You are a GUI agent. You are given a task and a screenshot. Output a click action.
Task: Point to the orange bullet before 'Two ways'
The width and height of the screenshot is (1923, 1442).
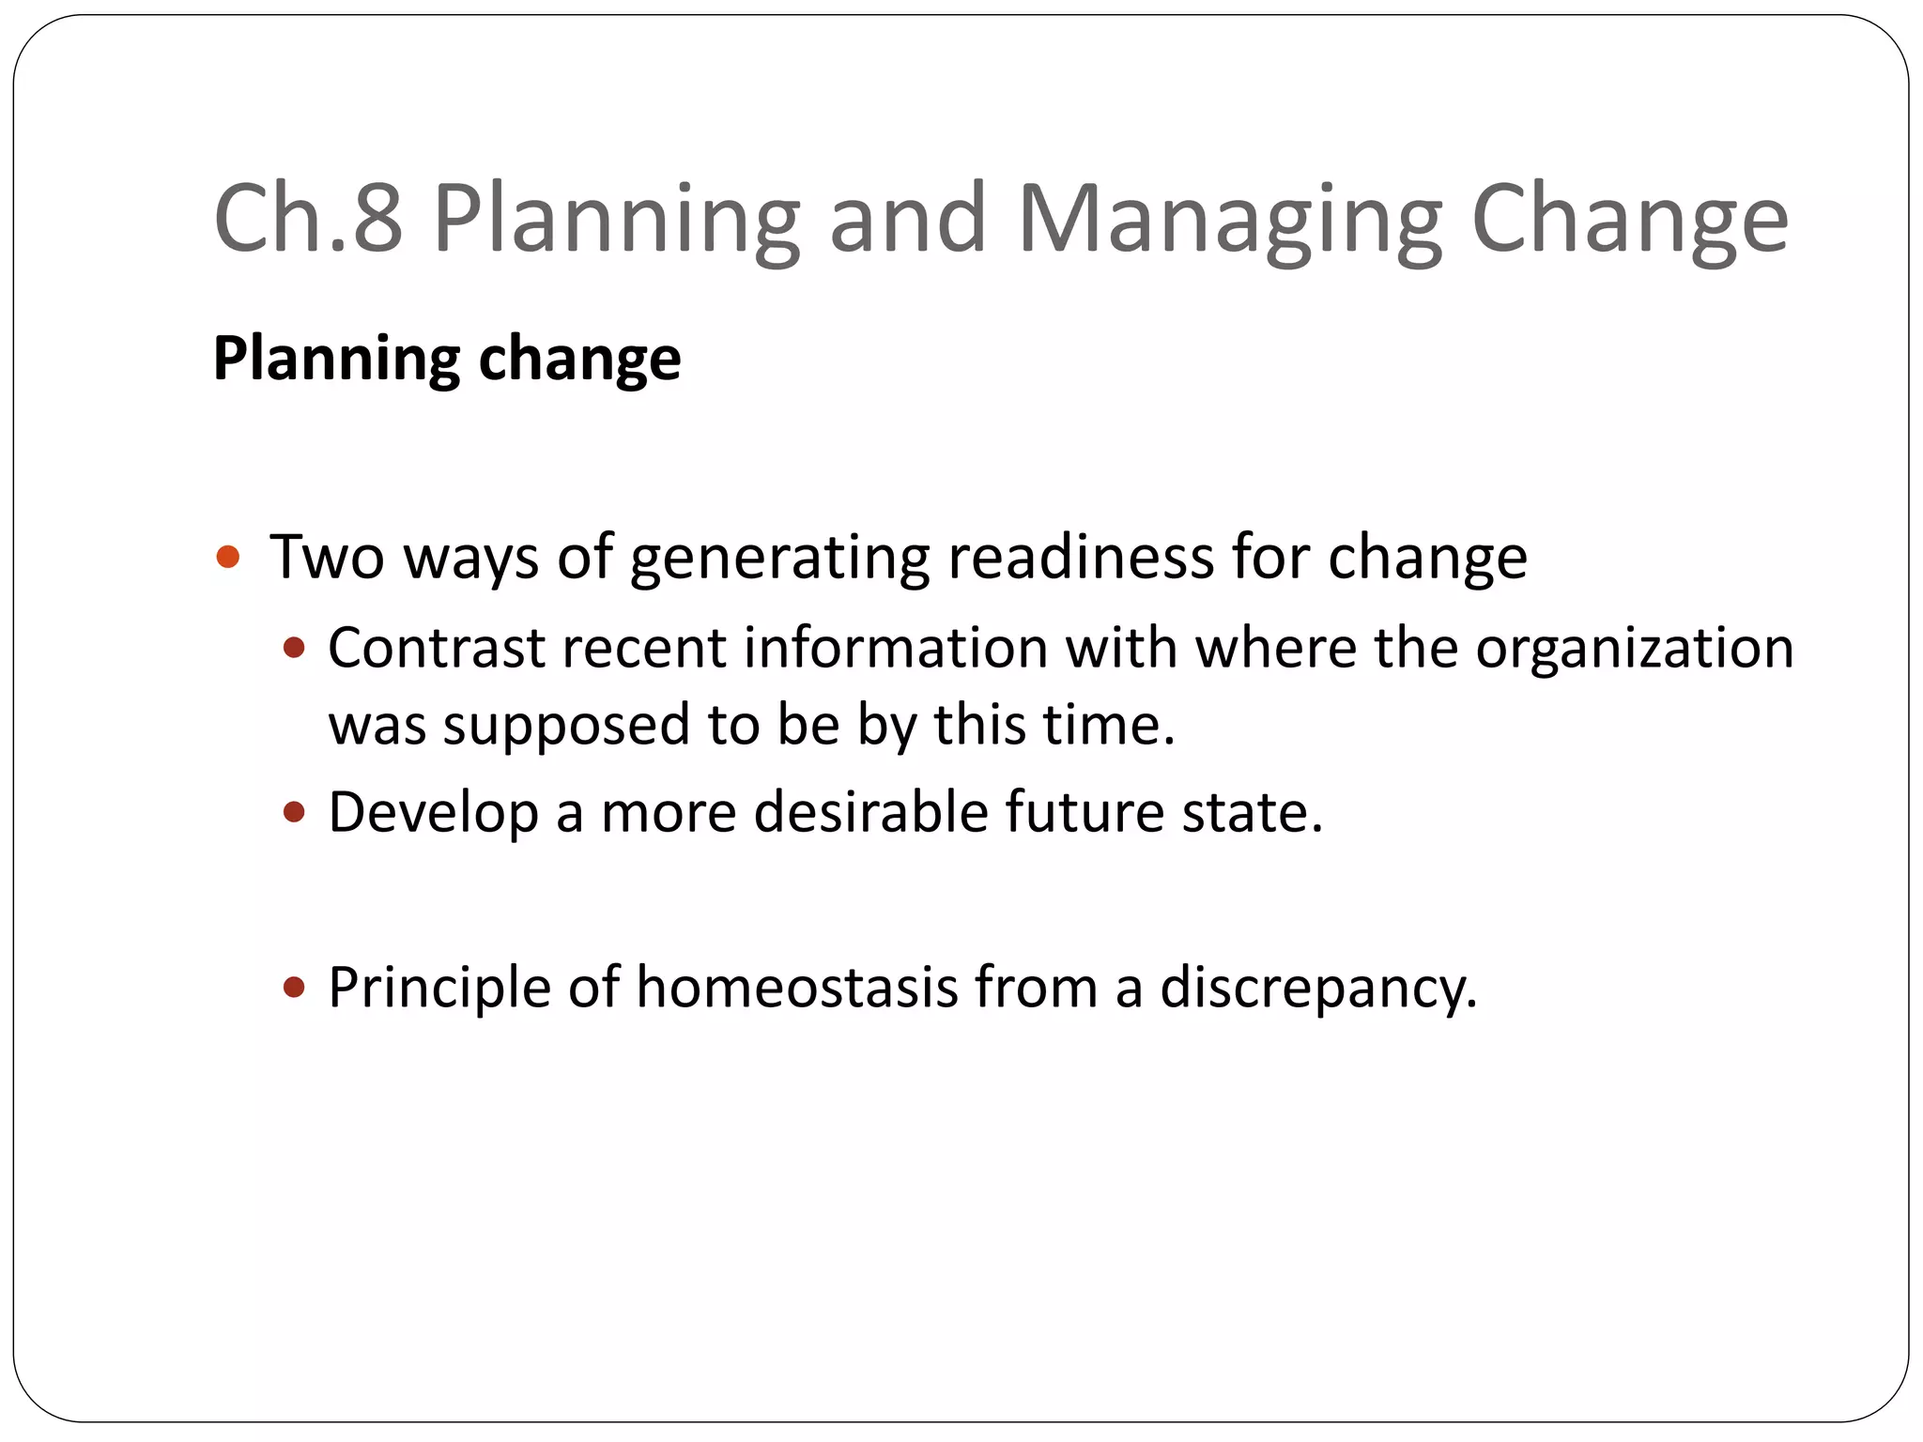(x=228, y=558)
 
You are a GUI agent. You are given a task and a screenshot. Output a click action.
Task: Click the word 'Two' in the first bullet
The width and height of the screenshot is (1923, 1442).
(x=327, y=558)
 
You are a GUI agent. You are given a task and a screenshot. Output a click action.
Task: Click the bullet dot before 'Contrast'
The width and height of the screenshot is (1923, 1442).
(x=295, y=648)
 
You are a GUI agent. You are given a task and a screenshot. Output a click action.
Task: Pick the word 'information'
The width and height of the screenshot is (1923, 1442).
(x=896, y=649)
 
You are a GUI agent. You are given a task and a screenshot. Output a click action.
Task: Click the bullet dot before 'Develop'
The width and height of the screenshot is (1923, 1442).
(x=295, y=811)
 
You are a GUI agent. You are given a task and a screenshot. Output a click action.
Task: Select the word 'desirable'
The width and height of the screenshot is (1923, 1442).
(x=870, y=812)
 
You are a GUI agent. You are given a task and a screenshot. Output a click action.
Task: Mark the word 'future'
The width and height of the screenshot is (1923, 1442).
(x=1085, y=812)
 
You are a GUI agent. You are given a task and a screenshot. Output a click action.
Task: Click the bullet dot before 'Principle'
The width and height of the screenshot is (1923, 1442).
(x=295, y=987)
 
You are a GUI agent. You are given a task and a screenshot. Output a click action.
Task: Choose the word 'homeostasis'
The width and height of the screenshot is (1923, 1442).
(x=796, y=988)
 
